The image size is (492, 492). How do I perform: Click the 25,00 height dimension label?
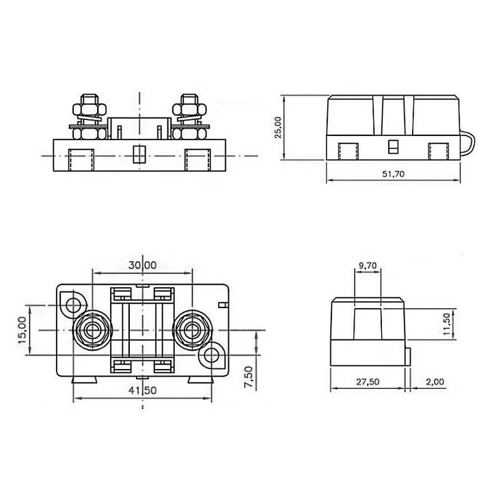(x=278, y=127)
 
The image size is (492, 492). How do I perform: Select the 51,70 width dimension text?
(x=393, y=174)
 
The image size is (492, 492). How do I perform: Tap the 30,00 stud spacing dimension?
(x=142, y=265)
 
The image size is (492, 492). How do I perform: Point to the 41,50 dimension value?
(x=142, y=390)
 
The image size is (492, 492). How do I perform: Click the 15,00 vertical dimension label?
(x=23, y=330)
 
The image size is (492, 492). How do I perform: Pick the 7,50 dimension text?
(x=248, y=377)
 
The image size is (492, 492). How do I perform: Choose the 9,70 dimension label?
(x=368, y=266)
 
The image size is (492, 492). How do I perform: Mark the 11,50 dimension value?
(x=446, y=323)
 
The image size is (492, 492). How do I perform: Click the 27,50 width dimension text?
(x=368, y=382)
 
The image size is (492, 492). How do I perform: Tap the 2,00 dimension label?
(x=435, y=382)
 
